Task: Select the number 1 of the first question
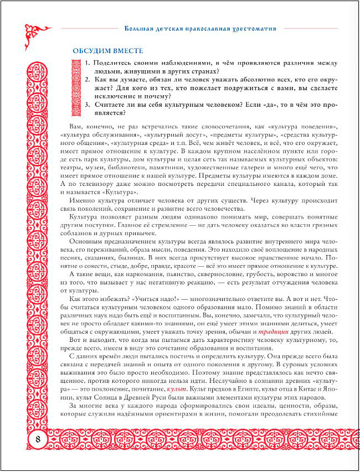[x=88, y=64]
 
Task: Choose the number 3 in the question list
[x=88, y=105]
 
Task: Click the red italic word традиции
[x=273, y=331]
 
